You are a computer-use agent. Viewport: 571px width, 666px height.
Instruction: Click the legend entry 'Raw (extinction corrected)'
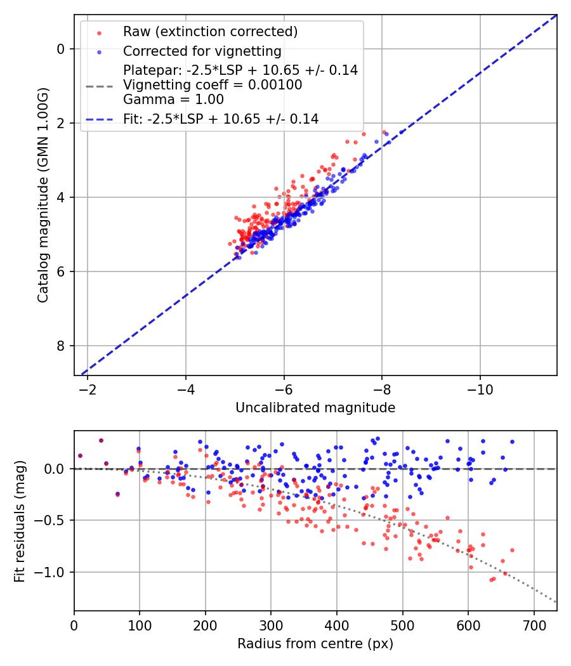[210, 32]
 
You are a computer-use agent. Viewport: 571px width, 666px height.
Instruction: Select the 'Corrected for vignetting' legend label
[202, 51]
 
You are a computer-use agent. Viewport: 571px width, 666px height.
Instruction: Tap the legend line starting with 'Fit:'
[221, 119]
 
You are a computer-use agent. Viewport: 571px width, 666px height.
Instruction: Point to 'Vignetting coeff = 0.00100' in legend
[213, 84]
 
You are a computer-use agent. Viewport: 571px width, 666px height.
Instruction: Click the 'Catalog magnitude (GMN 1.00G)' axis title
[43, 195]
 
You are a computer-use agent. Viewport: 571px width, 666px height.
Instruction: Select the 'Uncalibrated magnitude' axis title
[315, 408]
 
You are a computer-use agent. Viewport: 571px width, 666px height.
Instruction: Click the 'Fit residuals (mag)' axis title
[19, 521]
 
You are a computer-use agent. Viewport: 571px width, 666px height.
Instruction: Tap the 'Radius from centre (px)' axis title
[315, 644]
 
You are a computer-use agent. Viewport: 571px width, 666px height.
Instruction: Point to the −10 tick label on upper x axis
[480, 388]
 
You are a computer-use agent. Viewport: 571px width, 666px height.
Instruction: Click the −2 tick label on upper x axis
[88, 388]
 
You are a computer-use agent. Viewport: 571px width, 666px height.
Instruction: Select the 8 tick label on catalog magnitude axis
[61, 346]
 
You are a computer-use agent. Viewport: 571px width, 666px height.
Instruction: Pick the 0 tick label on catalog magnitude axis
[61, 49]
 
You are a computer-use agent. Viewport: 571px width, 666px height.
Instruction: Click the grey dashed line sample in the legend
[99, 85]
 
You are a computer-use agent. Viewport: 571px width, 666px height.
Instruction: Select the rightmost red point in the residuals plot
[512, 550]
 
